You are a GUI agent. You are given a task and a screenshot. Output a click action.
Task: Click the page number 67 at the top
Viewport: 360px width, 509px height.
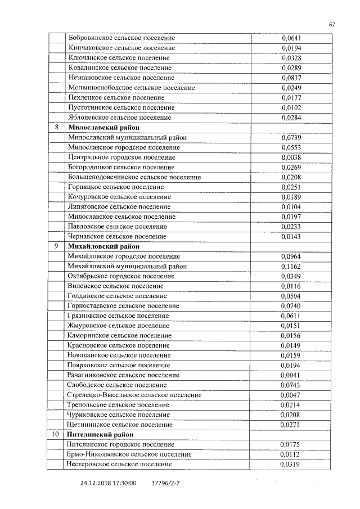[332, 24]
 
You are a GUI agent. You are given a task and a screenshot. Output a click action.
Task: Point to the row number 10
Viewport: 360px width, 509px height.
[56, 434]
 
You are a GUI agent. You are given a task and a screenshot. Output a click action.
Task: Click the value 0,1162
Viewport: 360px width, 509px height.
[291, 266]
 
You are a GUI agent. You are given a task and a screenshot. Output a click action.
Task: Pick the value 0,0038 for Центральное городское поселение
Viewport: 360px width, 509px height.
[291, 157]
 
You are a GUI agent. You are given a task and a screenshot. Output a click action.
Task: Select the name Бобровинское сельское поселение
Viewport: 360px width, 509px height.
[121, 38]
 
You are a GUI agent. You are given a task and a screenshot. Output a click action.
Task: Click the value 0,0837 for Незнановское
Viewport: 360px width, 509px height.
[291, 78]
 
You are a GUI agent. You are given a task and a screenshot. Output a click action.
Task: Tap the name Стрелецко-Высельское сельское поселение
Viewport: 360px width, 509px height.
[134, 395]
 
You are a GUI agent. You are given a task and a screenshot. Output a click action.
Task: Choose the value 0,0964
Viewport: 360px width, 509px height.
[291, 256]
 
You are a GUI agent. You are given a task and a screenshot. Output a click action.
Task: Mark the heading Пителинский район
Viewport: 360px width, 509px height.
[99, 434]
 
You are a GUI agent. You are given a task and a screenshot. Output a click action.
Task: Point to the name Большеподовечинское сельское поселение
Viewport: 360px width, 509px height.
[134, 177]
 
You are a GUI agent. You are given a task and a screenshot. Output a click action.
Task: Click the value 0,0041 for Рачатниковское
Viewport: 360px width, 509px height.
[291, 375]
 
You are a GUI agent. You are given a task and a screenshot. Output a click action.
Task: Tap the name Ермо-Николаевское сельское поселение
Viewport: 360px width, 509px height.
[129, 454]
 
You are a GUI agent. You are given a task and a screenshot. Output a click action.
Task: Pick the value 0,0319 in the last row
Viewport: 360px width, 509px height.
[291, 465]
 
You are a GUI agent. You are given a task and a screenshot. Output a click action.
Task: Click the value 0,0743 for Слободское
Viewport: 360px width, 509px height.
[291, 385]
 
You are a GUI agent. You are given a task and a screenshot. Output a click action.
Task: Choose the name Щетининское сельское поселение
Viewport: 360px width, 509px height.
[119, 425]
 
